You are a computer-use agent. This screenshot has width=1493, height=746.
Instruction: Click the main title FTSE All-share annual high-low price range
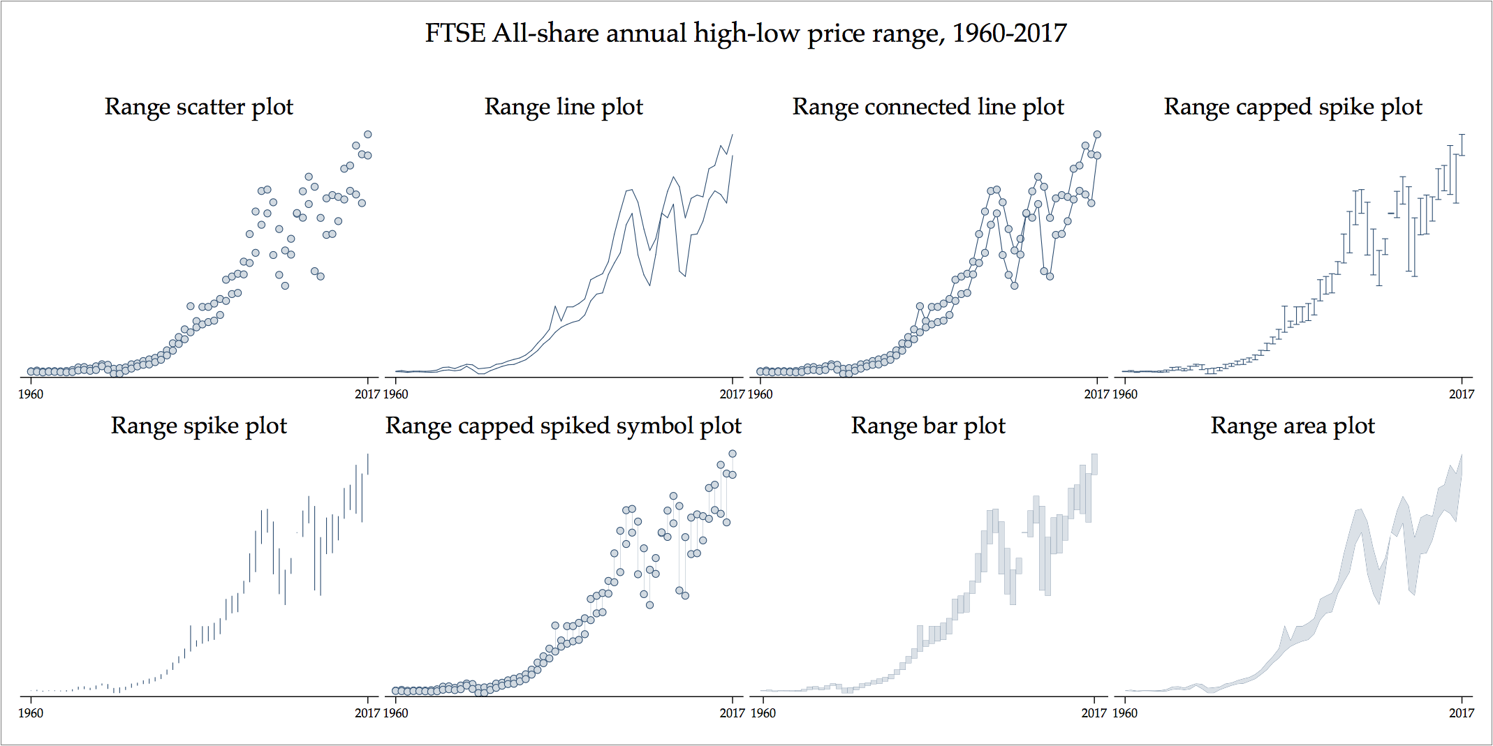[x=746, y=33]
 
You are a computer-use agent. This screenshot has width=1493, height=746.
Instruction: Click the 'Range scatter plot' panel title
[x=199, y=107]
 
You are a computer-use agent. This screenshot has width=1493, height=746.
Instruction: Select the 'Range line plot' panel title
[x=564, y=107]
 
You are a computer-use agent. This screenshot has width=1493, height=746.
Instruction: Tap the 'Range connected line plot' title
[x=928, y=107]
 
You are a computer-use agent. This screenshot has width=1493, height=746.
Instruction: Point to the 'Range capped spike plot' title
[x=1293, y=107]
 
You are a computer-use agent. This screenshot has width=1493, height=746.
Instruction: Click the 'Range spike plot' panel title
[x=199, y=426]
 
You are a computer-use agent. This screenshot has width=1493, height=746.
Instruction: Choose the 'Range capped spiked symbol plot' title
[x=564, y=426]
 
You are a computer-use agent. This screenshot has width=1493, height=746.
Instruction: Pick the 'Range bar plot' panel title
[x=928, y=426]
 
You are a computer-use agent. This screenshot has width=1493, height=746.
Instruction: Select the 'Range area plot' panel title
[x=1293, y=426]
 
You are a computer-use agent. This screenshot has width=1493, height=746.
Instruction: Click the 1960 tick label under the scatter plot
[x=30, y=394]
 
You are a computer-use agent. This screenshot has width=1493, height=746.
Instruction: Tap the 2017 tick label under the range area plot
[x=1462, y=713]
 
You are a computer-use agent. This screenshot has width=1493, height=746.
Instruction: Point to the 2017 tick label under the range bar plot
[x=1094, y=713]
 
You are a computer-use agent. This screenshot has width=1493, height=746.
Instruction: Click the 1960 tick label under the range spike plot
[x=30, y=713]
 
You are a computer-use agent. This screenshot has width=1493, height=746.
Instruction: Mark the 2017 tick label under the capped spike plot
[x=1462, y=394]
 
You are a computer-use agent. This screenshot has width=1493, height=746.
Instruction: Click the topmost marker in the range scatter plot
[x=368, y=135]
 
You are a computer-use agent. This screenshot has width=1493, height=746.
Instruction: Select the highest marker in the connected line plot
[x=1097, y=135]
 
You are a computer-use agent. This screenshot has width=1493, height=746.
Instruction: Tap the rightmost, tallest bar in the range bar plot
[x=1094, y=464]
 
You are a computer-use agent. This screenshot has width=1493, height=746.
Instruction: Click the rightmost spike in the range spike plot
[x=368, y=464]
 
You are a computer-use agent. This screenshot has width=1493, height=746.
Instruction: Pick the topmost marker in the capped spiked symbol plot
[x=733, y=454]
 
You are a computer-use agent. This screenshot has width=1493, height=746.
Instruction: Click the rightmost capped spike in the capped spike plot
[x=1462, y=144]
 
